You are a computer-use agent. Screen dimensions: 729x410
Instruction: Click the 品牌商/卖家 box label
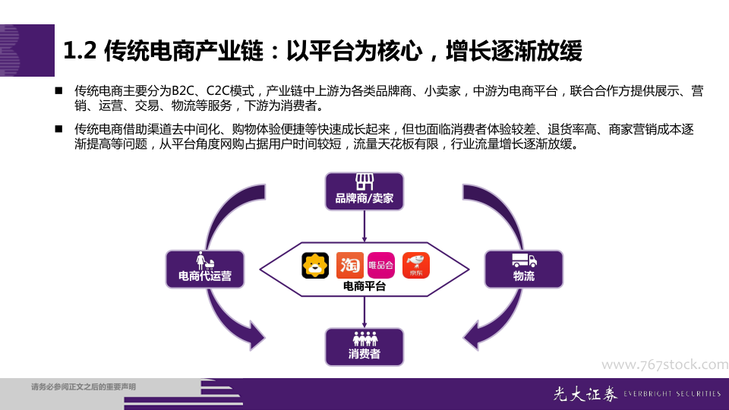click(364, 200)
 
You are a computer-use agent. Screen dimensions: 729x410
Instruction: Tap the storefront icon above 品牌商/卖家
click(364, 182)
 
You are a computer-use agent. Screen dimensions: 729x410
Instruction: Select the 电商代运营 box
click(204, 270)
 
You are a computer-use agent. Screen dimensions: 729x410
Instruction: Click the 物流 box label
click(524, 277)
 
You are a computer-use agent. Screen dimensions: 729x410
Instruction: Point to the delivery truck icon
click(524, 260)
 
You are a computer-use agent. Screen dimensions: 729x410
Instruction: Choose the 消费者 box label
click(364, 354)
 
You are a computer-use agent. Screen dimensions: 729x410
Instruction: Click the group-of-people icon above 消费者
click(364, 338)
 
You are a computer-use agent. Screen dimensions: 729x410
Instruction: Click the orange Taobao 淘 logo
click(349, 265)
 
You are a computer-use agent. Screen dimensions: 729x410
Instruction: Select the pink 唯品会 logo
click(381, 265)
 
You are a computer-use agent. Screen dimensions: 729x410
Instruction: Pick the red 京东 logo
click(416, 265)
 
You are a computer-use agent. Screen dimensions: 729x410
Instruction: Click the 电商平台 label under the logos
click(364, 286)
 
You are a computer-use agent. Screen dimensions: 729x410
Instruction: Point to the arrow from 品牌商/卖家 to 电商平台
click(364, 225)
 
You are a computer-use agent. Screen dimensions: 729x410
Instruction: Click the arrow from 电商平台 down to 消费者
click(364, 312)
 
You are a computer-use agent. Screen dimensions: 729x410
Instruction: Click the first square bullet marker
click(58, 91)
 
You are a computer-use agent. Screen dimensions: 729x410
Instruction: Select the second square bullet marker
click(58, 130)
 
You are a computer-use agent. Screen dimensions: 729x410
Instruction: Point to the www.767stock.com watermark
click(664, 364)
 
